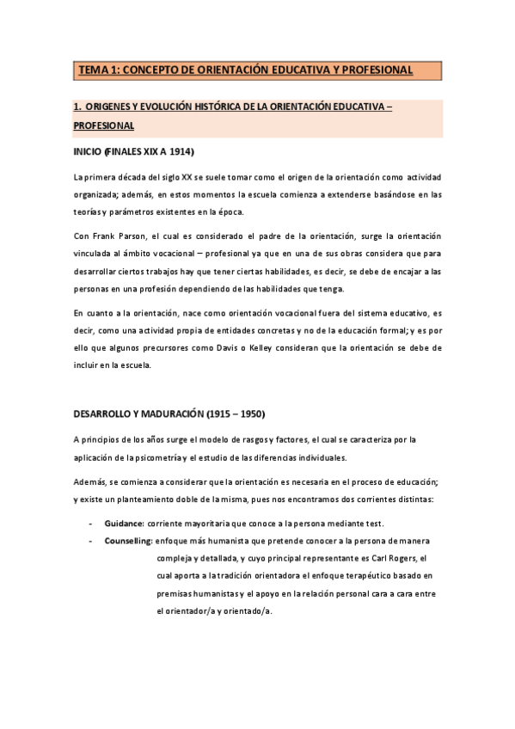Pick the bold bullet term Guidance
tap(125, 523)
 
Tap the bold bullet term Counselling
tap(129, 540)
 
